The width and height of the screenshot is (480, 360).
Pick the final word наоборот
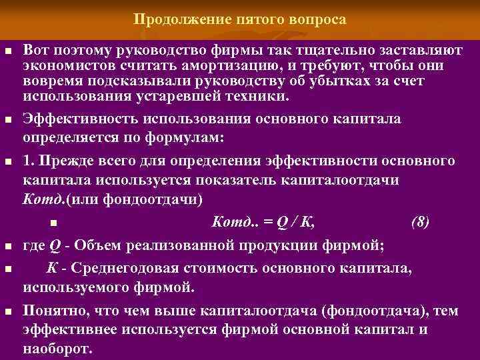[58, 349]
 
